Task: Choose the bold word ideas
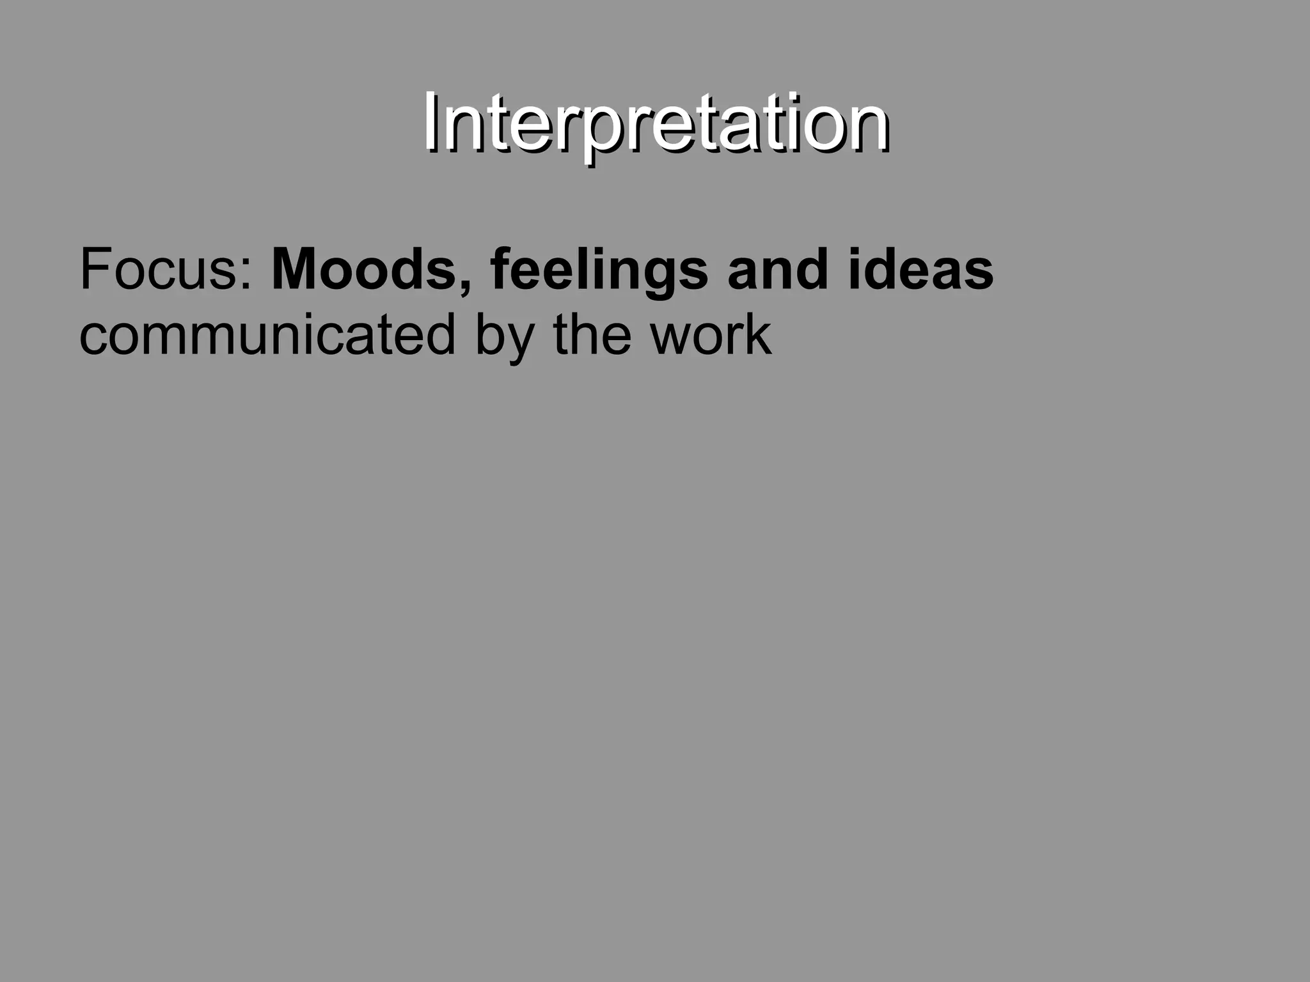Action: coord(921,269)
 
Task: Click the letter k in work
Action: coord(758,333)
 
